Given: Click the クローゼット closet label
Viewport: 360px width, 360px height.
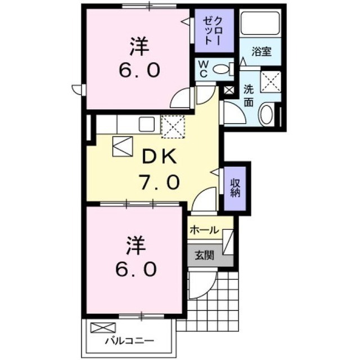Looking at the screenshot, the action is pyautogui.click(x=213, y=31).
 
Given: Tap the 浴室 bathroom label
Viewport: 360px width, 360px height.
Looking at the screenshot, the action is pyautogui.click(x=262, y=51).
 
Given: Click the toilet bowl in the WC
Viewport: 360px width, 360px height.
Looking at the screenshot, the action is pyautogui.click(x=220, y=69).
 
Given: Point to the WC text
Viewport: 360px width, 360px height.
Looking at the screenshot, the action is pyautogui.click(x=203, y=69).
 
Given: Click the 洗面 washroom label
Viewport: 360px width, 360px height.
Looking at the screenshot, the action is pyautogui.click(x=249, y=96).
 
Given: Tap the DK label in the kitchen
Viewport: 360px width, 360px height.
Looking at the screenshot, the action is pyautogui.click(x=159, y=156).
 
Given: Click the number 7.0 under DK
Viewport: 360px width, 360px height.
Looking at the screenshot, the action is pyautogui.click(x=159, y=182).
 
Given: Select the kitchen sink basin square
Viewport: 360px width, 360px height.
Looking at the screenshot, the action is pyautogui.click(x=147, y=124).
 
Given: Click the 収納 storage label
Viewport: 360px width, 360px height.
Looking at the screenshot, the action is pyautogui.click(x=235, y=188).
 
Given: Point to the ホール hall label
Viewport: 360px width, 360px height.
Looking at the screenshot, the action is pyautogui.click(x=204, y=230).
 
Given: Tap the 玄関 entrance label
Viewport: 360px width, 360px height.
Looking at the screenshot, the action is pyautogui.click(x=204, y=255).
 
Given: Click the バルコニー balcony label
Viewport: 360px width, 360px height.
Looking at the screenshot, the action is pyautogui.click(x=129, y=341).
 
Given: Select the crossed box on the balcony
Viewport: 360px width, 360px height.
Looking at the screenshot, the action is pyautogui.click(x=102, y=327).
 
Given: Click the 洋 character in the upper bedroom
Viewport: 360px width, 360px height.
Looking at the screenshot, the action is pyautogui.click(x=139, y=47).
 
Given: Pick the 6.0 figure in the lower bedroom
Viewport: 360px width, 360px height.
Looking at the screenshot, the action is pyautogui.click(x=136, y=269).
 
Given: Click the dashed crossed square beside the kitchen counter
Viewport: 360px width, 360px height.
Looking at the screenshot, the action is pyautogui.click(x=173, y=127).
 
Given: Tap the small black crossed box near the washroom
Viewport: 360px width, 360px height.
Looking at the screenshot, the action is pyautogui.click(x=229, y=90).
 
